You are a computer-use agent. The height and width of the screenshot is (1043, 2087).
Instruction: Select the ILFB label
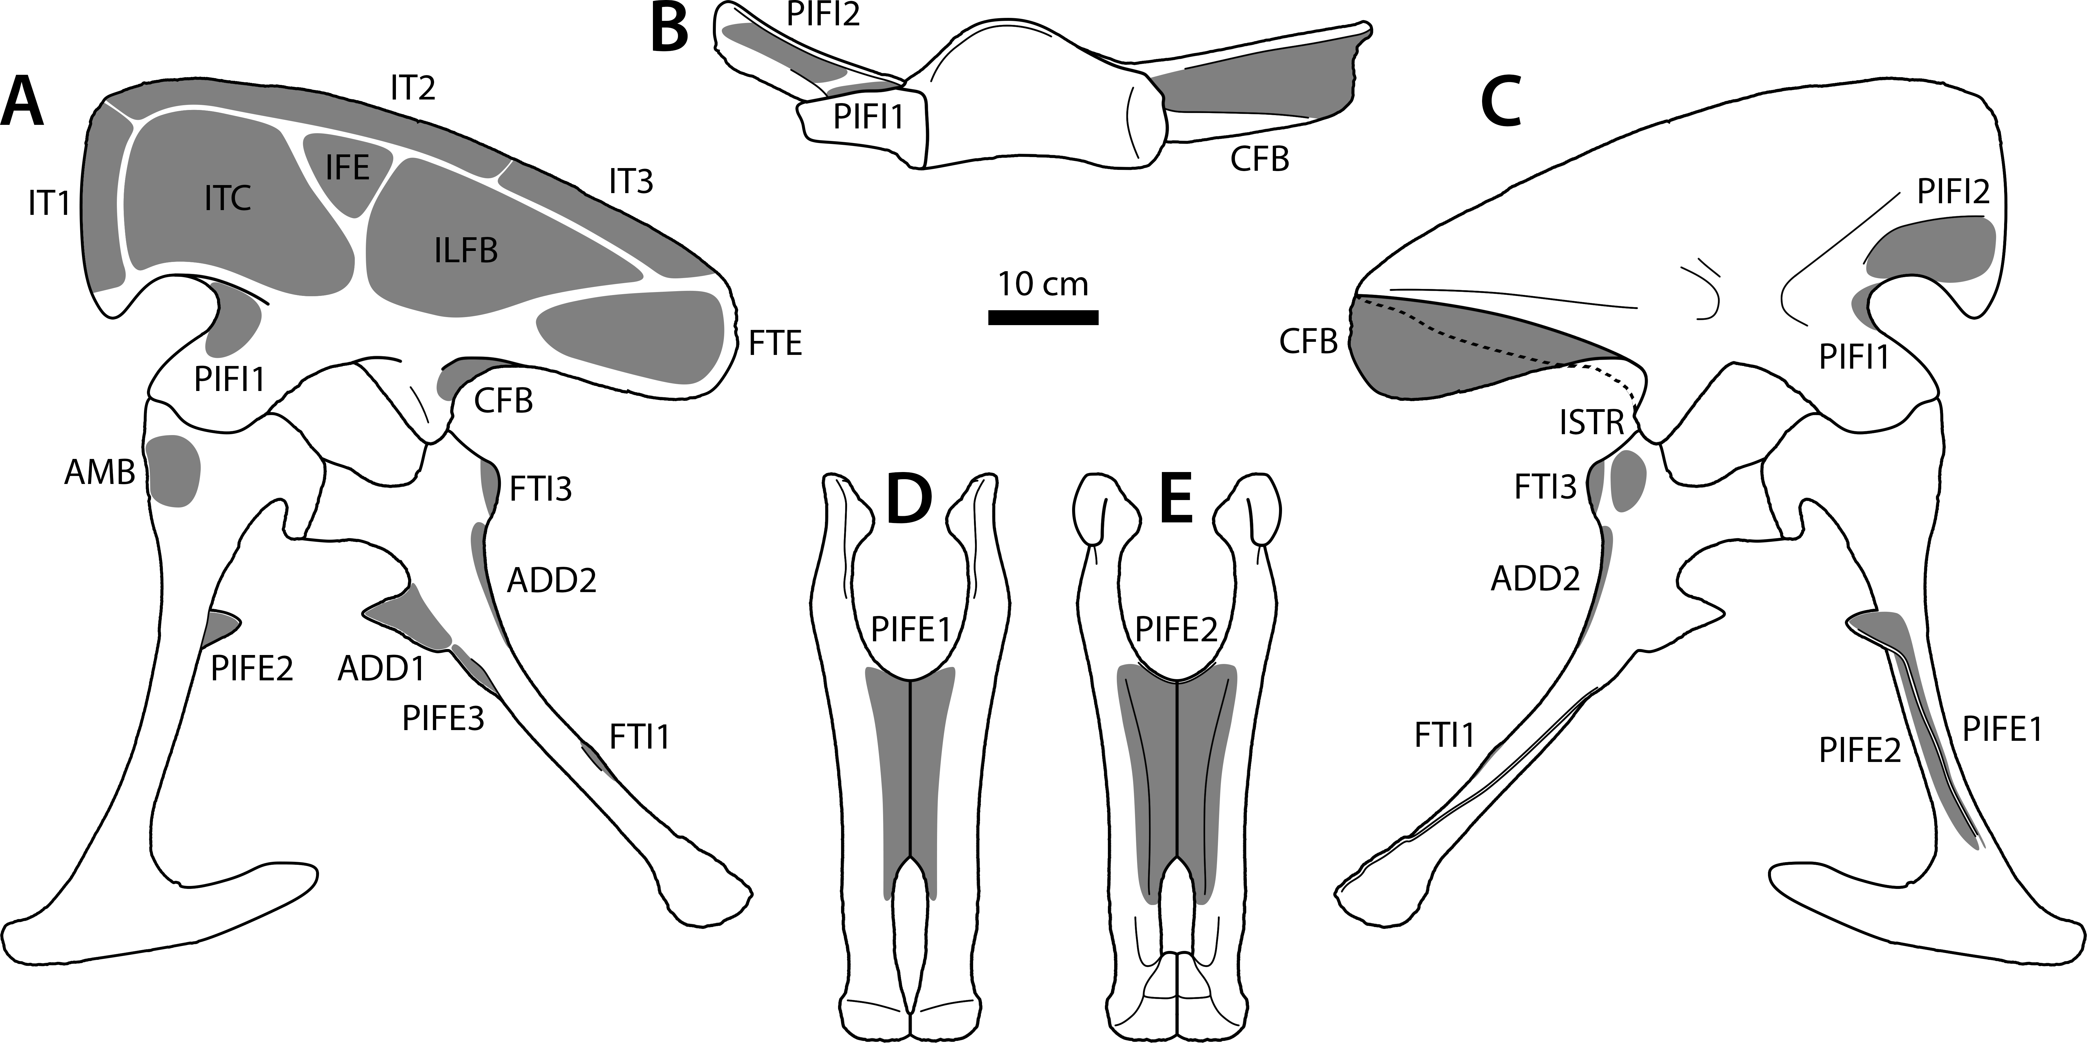[x=466, y=251]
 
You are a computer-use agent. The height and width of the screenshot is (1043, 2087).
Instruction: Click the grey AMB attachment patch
[x=174, y=470]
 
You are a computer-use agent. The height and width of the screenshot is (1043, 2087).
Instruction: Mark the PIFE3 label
[x=443, y=718]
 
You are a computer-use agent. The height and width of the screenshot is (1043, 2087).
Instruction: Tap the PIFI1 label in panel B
[x=868, y=117]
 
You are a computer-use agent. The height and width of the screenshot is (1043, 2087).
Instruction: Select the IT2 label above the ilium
[x=413, y=87]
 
